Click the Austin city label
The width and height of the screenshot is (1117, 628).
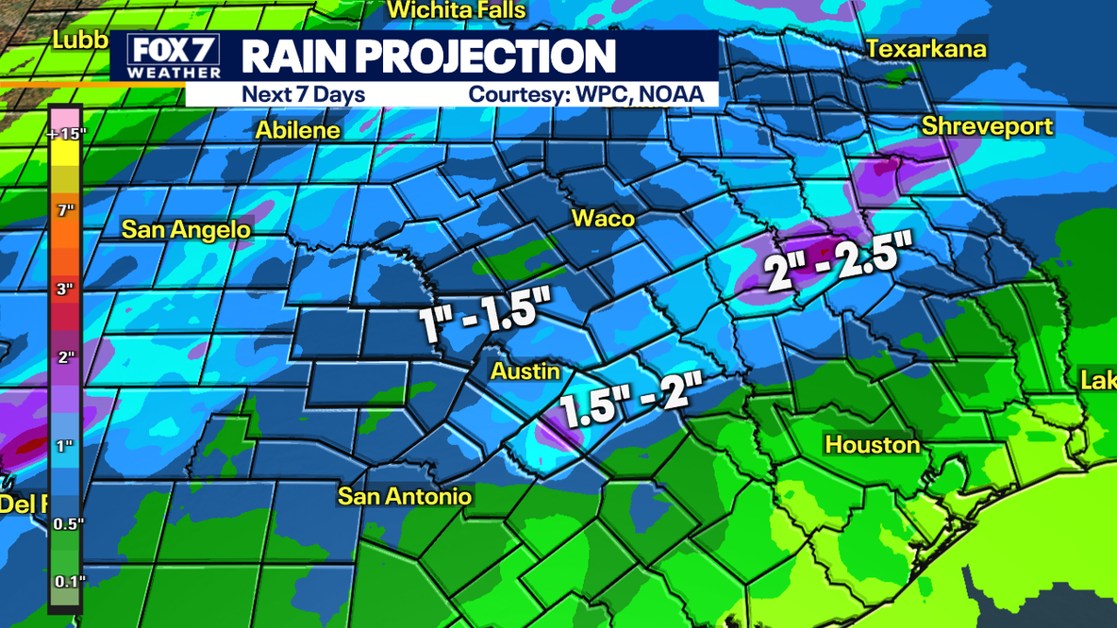525,372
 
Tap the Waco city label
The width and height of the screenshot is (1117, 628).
603,219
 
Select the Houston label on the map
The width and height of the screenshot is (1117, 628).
872,444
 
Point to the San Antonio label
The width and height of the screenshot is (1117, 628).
405,496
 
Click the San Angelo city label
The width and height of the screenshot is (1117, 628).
186,229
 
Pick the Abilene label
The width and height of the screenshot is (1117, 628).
298,130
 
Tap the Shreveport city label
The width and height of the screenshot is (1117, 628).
987,126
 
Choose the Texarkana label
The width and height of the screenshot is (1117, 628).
925,49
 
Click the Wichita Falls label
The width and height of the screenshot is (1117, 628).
457,10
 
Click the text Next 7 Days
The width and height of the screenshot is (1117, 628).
303,94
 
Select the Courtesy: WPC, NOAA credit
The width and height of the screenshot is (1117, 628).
586,94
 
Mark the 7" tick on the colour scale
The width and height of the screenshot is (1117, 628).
65,210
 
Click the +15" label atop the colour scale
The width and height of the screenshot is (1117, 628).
65,134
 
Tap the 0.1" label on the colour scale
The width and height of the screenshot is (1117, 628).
68,581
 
